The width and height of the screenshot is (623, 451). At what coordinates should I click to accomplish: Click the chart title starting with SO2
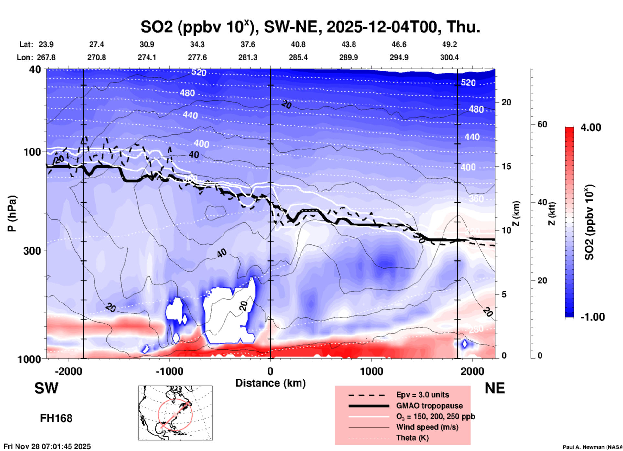pyautogui.click(x=310, y=27)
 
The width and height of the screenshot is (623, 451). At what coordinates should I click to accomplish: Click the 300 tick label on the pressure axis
pyautogui.click(x=32, y=251)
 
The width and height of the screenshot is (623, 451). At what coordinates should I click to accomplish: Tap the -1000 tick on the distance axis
pyautogui.click(x=169, y=371)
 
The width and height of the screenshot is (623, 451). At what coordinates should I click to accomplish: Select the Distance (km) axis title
pyautogui.click(x=270, y=383)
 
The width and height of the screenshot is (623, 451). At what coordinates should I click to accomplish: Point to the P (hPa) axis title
pyautogui.click(x=12, y=214)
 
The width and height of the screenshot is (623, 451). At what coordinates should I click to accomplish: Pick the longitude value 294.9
pyautogui.click(x=399, y=57)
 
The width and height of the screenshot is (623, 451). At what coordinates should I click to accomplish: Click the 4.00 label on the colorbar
pyautogui.click(x=591, y=127)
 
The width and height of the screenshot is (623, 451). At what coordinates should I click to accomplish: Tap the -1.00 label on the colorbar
pyautogui.click(x=592, y=317)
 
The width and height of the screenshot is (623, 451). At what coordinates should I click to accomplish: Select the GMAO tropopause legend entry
pyautogui.click(x=429, y=406)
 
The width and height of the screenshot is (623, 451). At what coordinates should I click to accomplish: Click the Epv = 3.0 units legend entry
pyautogui.click(x=422, y=395)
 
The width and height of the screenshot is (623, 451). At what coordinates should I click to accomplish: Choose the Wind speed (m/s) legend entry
pyautogui.click(x=427, y=427)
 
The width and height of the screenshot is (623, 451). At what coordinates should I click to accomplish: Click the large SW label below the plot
pyautogui.click(x=46, y=388)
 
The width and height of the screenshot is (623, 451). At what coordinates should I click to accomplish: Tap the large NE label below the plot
pyautogui.click(x=495, y=388)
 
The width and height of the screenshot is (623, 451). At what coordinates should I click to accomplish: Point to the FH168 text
pyautogui.click(x=56, y=418)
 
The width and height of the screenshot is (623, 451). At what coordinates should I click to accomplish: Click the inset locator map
pyautogui.click(x=175, y=412)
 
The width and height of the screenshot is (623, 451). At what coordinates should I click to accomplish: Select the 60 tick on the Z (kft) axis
pyautogui.click(x=542, y=124)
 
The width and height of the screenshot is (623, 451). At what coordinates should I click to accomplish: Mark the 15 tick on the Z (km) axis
pyautogui.click(x=506, y=166)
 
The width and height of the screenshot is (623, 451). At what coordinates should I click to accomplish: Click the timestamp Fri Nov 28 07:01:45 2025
pyautogui.click(x=47, y=446)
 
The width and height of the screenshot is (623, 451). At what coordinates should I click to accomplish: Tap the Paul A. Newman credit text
pyautogui.click(x=592, y=447)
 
